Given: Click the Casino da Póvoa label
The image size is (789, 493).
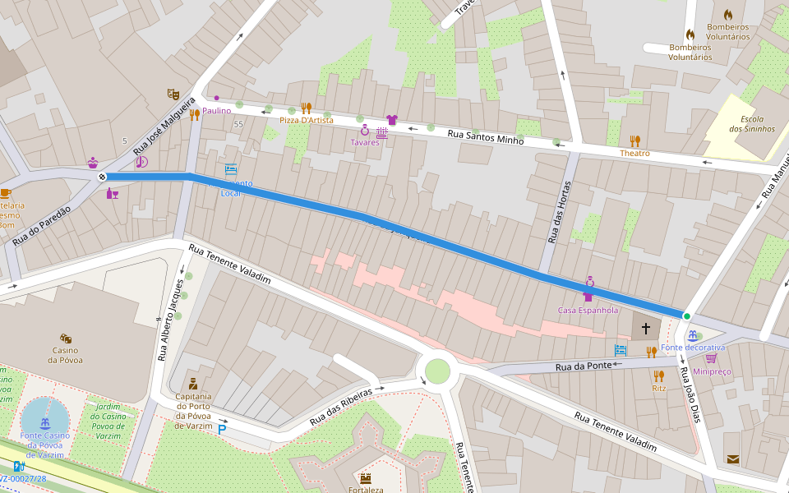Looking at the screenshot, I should pos(65,354).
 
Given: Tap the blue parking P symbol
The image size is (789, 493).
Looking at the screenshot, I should pos(222,429).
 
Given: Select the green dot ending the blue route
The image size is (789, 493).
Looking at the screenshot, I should pos(686,316).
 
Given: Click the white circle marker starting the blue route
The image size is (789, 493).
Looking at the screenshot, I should pos(102,177).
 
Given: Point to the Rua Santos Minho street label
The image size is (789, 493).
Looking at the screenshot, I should pos(485,136).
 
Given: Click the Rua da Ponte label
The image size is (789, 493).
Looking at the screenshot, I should pos(584,366).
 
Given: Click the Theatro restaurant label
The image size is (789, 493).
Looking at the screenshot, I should pos(634,154).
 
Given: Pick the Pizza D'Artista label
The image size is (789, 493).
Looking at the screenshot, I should pos(307,120).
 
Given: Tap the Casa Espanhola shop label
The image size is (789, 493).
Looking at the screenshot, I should pos(588,311).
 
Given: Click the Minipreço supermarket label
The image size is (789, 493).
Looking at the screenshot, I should pos(712,371).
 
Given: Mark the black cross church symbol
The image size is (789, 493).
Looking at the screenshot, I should pos(646,329).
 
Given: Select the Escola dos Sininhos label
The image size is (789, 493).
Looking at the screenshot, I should pos(751,123).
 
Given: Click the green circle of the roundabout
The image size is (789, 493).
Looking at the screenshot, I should pos(437,371).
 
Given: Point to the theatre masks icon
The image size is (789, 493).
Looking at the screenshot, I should pos(173,94).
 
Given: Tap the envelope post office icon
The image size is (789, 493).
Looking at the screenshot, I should pos(731,458).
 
